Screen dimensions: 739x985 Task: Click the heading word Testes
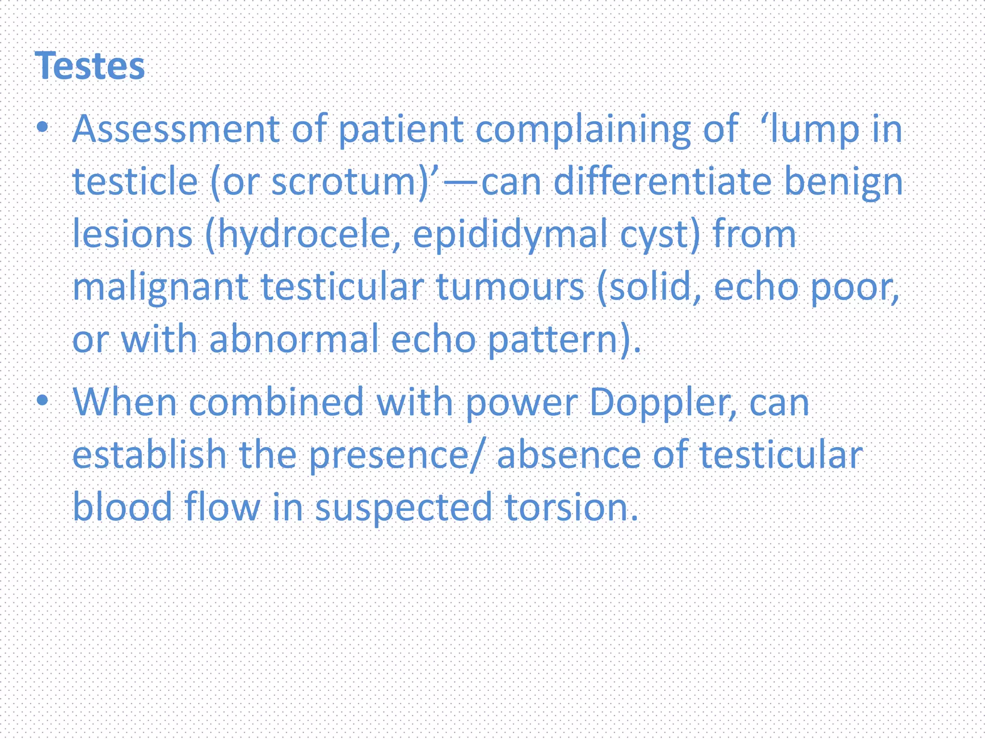click(90, 66)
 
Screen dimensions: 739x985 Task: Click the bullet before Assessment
click(43, 127)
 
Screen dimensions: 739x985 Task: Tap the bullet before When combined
click(43, 400)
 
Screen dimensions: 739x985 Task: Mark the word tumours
click(510, 287)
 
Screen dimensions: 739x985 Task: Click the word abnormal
click(294, 340)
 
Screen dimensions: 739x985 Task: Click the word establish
click(149, 455)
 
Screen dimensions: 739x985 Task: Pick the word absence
click(568, 455)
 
